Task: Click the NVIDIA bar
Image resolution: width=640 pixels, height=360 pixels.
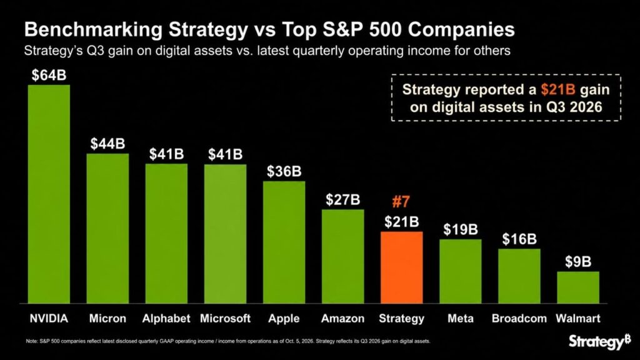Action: (49, 194)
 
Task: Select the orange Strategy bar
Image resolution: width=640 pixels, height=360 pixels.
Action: (402, 267)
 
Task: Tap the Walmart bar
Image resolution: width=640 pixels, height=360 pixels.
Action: (578, 287)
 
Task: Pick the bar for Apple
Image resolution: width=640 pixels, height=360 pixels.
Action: (284, 242)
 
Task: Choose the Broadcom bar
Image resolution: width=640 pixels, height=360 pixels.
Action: (519, 276)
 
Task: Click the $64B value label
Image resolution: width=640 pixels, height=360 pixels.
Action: (49, 75)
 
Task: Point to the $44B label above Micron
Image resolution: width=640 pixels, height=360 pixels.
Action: (107, 144)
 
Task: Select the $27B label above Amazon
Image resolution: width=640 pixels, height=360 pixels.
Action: (343, 199)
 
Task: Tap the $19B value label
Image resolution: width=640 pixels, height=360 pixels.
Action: (461, 229)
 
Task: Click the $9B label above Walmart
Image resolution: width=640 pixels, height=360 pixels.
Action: (578, 262)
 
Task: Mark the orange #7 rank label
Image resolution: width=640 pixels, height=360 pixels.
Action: (401, 202)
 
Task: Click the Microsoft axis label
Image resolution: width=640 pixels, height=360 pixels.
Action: (225, 318)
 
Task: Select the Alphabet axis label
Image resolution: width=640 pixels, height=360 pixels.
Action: (166, 318)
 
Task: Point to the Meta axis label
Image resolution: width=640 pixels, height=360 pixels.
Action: (461, 318)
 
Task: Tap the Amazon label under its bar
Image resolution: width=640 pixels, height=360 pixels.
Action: (343, 318)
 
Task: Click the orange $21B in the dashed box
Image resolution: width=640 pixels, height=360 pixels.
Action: (558, 89)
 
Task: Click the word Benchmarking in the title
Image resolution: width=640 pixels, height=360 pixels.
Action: (94, 30)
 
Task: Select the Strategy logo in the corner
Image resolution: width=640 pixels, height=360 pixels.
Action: (600, 341)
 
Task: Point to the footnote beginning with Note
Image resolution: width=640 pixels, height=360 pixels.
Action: (227, 341)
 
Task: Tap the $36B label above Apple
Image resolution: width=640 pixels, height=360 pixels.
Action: (284, 171)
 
